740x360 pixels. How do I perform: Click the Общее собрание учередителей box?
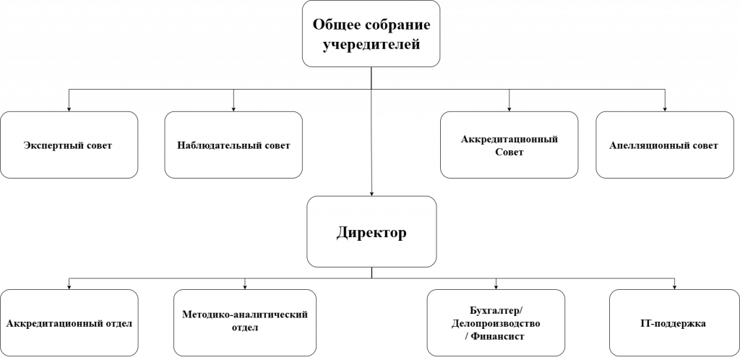click(x=371, y=34)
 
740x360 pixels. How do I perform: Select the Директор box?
click(x=371, y=231)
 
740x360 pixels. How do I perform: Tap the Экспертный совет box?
click(x=69, y=145)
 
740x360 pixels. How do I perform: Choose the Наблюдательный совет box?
click(x=233, y=145)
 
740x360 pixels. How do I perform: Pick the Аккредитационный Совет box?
click(x=509, y=145)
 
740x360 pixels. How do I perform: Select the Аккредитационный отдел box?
click(x=69, y=322)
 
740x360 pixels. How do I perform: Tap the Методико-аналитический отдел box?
click(x=245, y=322)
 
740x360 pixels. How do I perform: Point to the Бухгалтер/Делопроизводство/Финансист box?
click(x=496, y=322)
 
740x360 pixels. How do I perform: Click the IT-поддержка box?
click(x=674, y=322)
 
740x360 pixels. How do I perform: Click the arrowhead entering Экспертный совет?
click(x=69, y=109)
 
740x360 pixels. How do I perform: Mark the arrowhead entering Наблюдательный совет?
click(x=233, y=109)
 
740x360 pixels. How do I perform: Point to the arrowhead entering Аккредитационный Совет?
click(x=509, y=109)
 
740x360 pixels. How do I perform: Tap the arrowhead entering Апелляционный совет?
click(x=665, y=109)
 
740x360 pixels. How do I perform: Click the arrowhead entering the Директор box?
click(x=371, y=194)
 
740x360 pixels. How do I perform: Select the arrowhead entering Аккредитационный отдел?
click(x=69, y=287)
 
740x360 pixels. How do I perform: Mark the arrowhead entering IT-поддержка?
click(x=674, y=287)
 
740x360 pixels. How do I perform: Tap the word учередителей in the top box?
click(x=371, y=45)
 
